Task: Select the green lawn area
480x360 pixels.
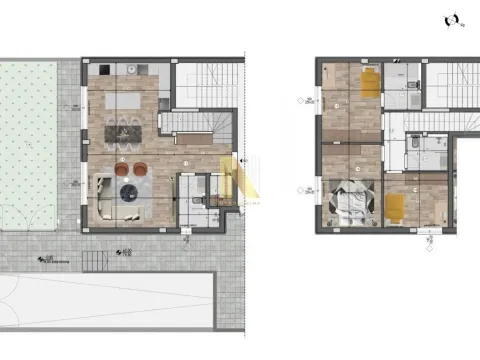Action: (x=31, y=140)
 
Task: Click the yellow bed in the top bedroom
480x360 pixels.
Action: (x=369, y=84)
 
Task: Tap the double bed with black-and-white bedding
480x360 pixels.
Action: (x=352, y=202)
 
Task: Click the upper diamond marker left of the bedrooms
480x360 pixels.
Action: (x=299, y=102)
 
